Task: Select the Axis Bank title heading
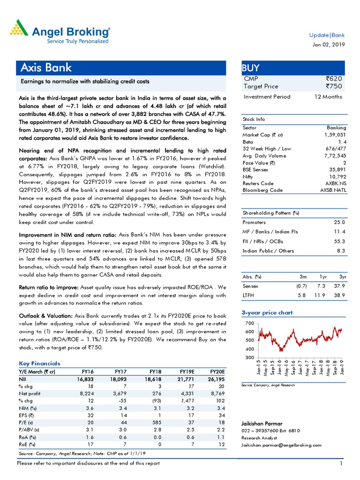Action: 46,67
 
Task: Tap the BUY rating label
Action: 251,67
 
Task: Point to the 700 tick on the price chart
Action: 249,324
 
